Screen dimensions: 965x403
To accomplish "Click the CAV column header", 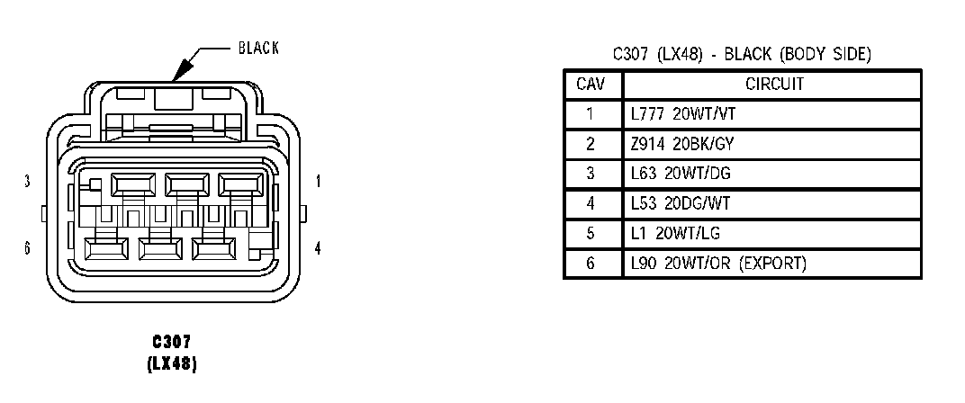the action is coord(591,85).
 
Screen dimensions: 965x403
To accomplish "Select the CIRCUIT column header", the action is coord(774,85).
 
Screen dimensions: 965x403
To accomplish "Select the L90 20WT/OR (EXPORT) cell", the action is coord(718,263).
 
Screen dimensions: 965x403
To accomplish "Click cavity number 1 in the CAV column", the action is coord(591,114).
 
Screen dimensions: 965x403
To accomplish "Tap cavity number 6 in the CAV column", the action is coord(591,263).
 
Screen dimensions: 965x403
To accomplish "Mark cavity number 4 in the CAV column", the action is coord(591,203).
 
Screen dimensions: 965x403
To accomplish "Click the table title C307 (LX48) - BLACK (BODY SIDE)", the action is coord(742,54).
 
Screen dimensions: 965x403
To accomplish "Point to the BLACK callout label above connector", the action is coord(258,49).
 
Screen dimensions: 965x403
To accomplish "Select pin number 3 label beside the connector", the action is coord(28,182).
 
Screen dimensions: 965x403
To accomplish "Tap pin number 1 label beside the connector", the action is coord(318,182).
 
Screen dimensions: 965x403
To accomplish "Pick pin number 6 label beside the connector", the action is coord(28,247).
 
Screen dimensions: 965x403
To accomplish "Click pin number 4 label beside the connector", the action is coord(318,247).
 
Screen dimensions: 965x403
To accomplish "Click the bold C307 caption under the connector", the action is coord(171,342).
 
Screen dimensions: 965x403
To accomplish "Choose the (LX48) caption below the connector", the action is coord(171,364).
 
